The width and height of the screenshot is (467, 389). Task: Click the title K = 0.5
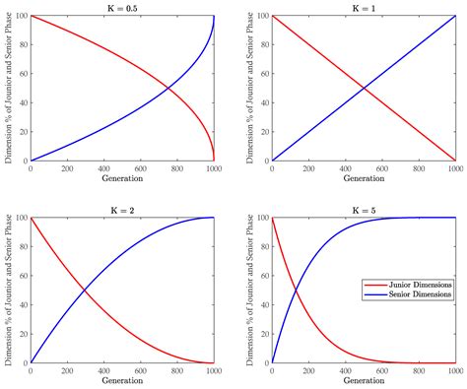point(123,7)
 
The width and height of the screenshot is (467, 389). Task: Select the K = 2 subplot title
point(123,208)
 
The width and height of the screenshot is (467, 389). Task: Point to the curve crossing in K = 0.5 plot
point(167,89)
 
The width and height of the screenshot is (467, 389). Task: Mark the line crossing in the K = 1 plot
point(364,89)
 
